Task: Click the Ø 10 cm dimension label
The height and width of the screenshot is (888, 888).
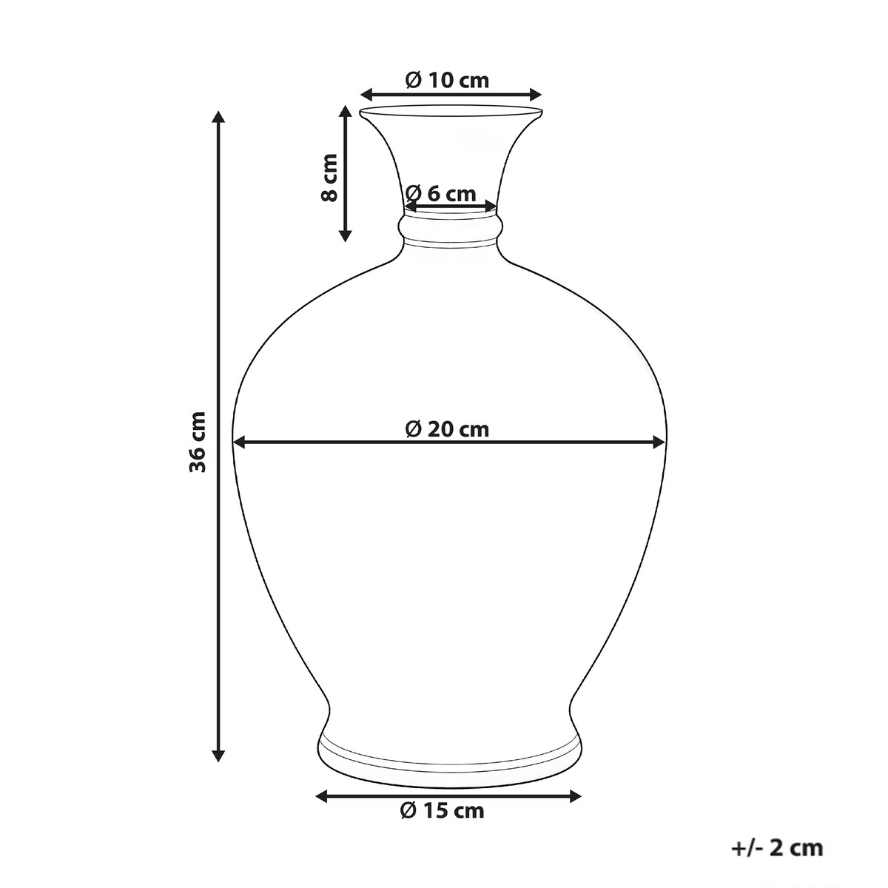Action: point(447,81)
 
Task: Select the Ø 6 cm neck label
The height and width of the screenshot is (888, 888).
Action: point(440,194)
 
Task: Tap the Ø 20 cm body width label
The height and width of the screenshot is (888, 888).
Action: point(447,429)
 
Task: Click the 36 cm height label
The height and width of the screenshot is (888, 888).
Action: point(198,442)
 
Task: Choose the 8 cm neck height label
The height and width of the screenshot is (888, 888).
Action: point(329,178)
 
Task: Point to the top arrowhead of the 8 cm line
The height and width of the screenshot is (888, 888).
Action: point(345,112)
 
